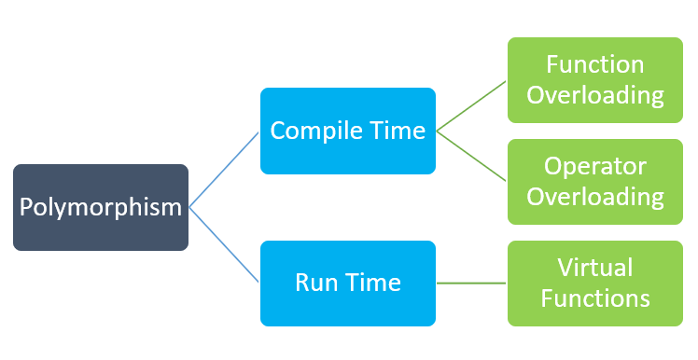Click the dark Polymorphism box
pos(101,207)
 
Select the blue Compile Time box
pos(347,131)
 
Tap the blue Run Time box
pos(347,283)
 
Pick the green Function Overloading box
pos(594,80)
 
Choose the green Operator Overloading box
pos(594,182)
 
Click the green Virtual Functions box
pos(594,283)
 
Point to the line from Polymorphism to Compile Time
pos(224,169)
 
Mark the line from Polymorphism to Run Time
pos(224,244)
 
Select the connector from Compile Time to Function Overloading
pos(471,105)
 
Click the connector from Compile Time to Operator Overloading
pos(471,156)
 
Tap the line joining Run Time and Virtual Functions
pos(471,283)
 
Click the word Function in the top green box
pos(594,65)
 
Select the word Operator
pos(594,167)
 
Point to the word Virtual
pos(594,268)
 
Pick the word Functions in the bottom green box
pos(594,298)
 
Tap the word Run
pos(316,283)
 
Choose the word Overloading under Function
pos(594,95)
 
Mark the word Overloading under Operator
pos(594,197)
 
